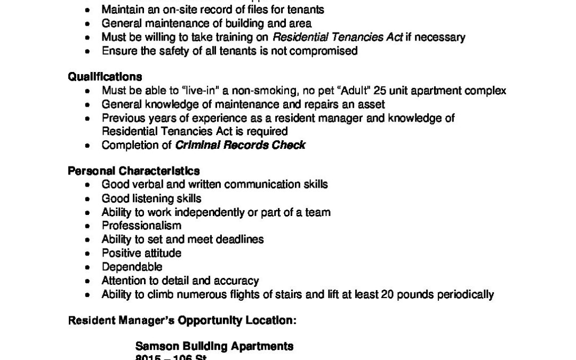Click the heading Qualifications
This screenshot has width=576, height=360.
pyautogui.click(x=105, y=77)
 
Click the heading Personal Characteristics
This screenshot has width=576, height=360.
pyautogui.click(x=134, y=171)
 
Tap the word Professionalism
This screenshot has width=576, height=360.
pyautogui.click(x=134, y=226)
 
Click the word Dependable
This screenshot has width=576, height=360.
pyautogui.click(x=132, y=267)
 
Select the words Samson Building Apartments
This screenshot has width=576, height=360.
pyautogui.click(x=214, y=346)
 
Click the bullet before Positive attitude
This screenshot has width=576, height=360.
pyautogui.click(x=88, y=253)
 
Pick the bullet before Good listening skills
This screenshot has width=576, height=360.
pyautogui.click(x=88, y=198)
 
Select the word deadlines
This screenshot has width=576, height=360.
pyautogui.click(x=241, y=239)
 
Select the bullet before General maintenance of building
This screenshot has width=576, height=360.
pyautogui.click(x=88, y=23)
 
